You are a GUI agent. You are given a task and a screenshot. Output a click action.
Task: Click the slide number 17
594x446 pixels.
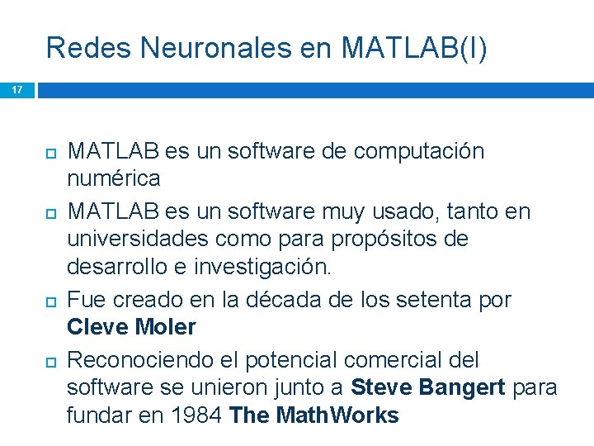16,89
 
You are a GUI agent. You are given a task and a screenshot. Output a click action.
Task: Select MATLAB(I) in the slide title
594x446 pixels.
414,48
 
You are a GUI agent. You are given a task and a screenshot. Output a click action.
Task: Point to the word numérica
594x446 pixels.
114,178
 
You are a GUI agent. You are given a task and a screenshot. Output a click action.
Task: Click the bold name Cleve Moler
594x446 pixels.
131,327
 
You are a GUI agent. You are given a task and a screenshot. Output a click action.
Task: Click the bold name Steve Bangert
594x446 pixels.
428,387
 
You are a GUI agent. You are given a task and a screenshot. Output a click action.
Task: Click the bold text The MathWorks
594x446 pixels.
314,415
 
